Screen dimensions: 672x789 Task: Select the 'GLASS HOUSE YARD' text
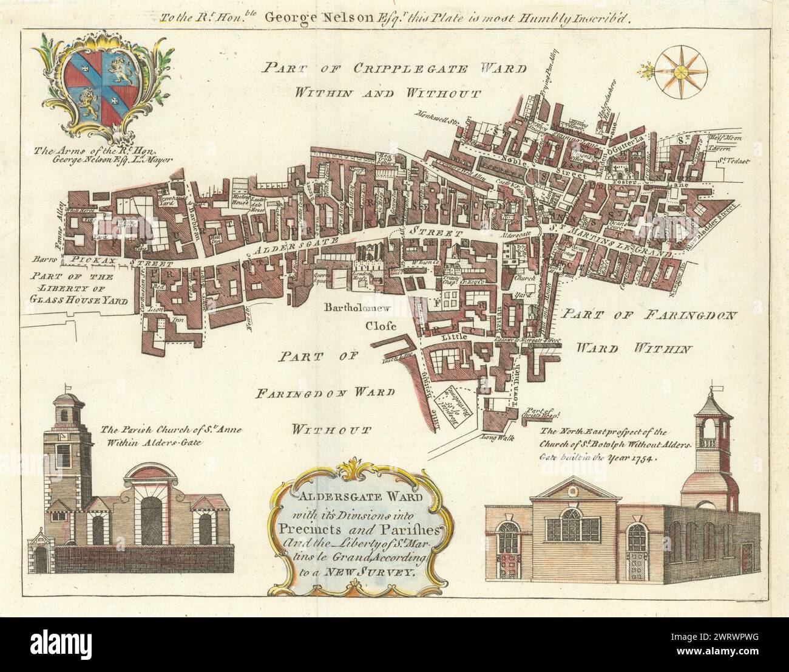(78, 298)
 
